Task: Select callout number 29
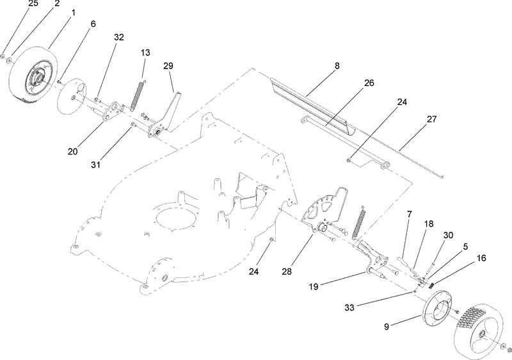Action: [x=168, y=66]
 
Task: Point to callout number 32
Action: [x=118, y=38]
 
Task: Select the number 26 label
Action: [x=369, y=83]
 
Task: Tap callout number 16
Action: [x=481, y=258]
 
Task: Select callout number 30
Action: [x=448, y=235]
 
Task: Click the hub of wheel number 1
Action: [x=37, y=79]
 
